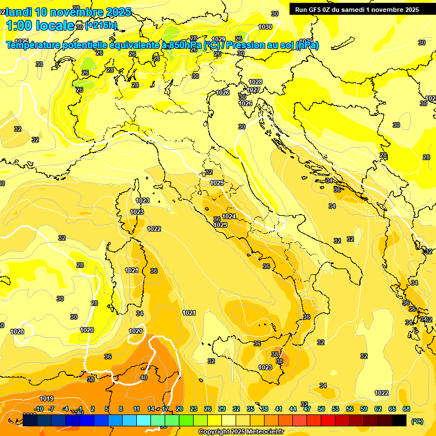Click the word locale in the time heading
coord(54,26)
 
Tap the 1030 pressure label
coord(265,27)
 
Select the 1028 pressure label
coord(255,82)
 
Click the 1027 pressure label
coord(253,90)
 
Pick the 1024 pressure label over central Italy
coord(229,216)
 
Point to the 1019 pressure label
coord(47,398)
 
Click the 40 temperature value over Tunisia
coord(144,378)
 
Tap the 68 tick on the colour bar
coord(406,409)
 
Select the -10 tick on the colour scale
coord(39,409)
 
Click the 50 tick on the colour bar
coord(321,409)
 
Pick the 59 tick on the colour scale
coord(364,409)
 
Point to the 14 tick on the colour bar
coord(151,409)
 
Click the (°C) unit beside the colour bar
coord(417,421)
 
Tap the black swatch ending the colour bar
coord(399,420)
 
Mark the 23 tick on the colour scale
coord(194,409)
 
